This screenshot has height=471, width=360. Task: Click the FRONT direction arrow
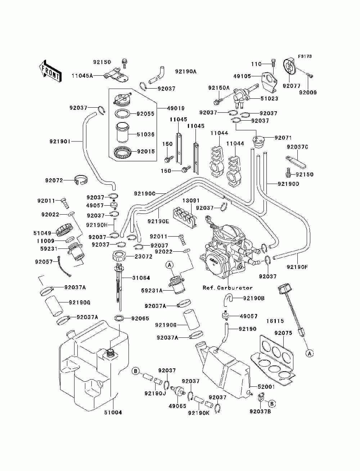point(50,71)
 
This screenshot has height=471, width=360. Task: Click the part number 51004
point(113,412)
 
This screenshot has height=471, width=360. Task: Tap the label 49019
point(176,108)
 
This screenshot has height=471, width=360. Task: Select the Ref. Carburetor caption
point(228,288)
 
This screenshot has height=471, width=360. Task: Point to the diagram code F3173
point(305,57)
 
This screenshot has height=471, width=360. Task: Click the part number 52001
point(266,387)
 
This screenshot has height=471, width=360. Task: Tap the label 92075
point(283,333)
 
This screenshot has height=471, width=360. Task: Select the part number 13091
point(191,201)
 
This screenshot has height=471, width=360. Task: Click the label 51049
point(42,233)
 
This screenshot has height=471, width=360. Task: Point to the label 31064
point(141,278)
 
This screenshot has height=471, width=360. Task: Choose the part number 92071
point(283,138)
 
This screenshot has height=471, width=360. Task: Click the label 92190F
point(297,267)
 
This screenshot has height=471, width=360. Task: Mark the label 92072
point(54,180)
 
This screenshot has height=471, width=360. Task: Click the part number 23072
point(144,256)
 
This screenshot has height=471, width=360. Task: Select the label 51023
point(270,99)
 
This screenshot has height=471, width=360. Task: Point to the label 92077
point(292,86)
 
